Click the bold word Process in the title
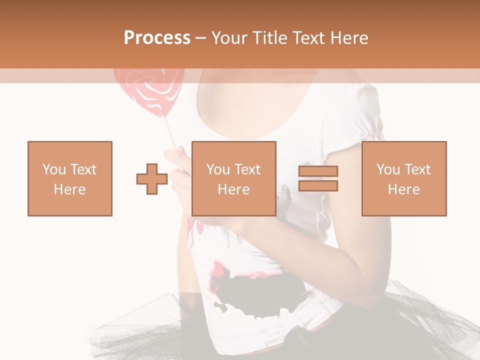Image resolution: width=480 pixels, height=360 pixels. click(x=157, y=38)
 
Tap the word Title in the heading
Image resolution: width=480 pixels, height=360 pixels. click(x=270, y=38)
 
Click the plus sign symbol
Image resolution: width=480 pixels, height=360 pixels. click(x=152, y=178)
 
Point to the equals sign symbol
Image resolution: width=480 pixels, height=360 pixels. click(x=318, y=178)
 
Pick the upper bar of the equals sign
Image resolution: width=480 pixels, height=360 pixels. click(x=318, y=171)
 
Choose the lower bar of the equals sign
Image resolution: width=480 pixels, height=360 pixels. click(x=318, y=185)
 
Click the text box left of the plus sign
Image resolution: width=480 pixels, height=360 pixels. click(x=70, y=178)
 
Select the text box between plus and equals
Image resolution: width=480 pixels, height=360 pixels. click(x=233, y=178)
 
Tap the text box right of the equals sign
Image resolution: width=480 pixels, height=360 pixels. click(x=404, y=178)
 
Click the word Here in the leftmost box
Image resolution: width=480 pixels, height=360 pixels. click(x=70, y=189)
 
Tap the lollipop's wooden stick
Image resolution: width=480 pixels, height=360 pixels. click(x=170, y=132)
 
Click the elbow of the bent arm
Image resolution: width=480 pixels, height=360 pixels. click(x=370, y=295)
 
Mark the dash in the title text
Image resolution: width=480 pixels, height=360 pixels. click(x=200, y=38)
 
